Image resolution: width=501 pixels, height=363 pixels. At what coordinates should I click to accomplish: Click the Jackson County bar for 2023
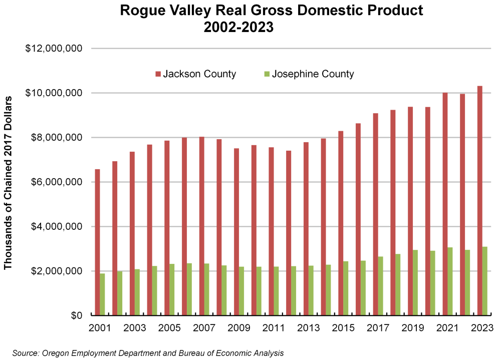point(479,200)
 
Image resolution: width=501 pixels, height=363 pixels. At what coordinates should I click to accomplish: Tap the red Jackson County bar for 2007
point(201,226)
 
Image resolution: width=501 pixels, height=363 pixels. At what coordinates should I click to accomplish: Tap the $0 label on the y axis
point(76,316)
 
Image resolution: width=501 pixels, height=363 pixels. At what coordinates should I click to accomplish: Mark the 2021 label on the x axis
point(447,328)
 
